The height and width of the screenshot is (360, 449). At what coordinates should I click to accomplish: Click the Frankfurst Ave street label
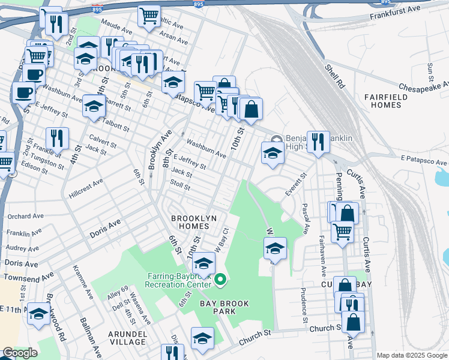(x=394, y=13)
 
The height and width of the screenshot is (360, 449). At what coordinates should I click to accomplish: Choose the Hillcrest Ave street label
(x=87, y=191)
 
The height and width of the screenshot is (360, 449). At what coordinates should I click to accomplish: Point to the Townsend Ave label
(x=29, y=277)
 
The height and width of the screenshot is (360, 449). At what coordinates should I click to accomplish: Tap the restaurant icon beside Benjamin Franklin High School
(x=318, y=142)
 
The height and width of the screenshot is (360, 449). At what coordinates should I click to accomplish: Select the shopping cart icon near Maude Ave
(x=149, y=16)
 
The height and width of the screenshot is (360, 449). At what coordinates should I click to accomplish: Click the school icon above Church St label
(x=202, y=338)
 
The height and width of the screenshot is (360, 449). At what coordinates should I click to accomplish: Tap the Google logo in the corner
(x=20, y=353)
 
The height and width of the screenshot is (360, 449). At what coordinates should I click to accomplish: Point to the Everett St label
(x=295, y=185)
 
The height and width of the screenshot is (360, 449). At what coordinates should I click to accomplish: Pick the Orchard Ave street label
(x=24, y=216)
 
